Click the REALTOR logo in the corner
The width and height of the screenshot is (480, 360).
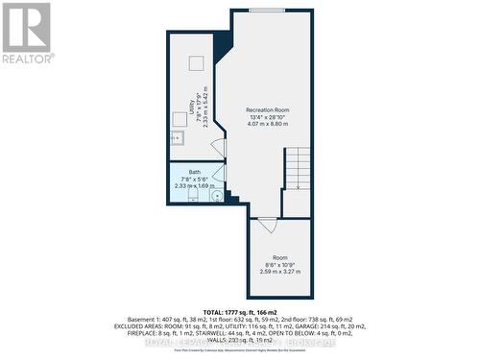click(27, 33)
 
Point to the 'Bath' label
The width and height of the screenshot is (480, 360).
click(195, 173)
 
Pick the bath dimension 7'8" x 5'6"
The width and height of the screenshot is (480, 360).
click(195, 180)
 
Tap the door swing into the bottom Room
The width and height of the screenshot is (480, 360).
click(268, 224)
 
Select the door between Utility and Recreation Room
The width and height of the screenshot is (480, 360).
click(219, 151)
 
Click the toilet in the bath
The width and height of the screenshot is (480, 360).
click(193, 197)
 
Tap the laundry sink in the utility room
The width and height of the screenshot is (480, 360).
click(177, 138)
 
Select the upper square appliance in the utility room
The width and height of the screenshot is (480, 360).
click(195, 63)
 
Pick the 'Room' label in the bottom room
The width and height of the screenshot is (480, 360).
click(279, 257)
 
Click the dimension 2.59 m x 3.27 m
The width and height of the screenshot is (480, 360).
click(279, 271)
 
